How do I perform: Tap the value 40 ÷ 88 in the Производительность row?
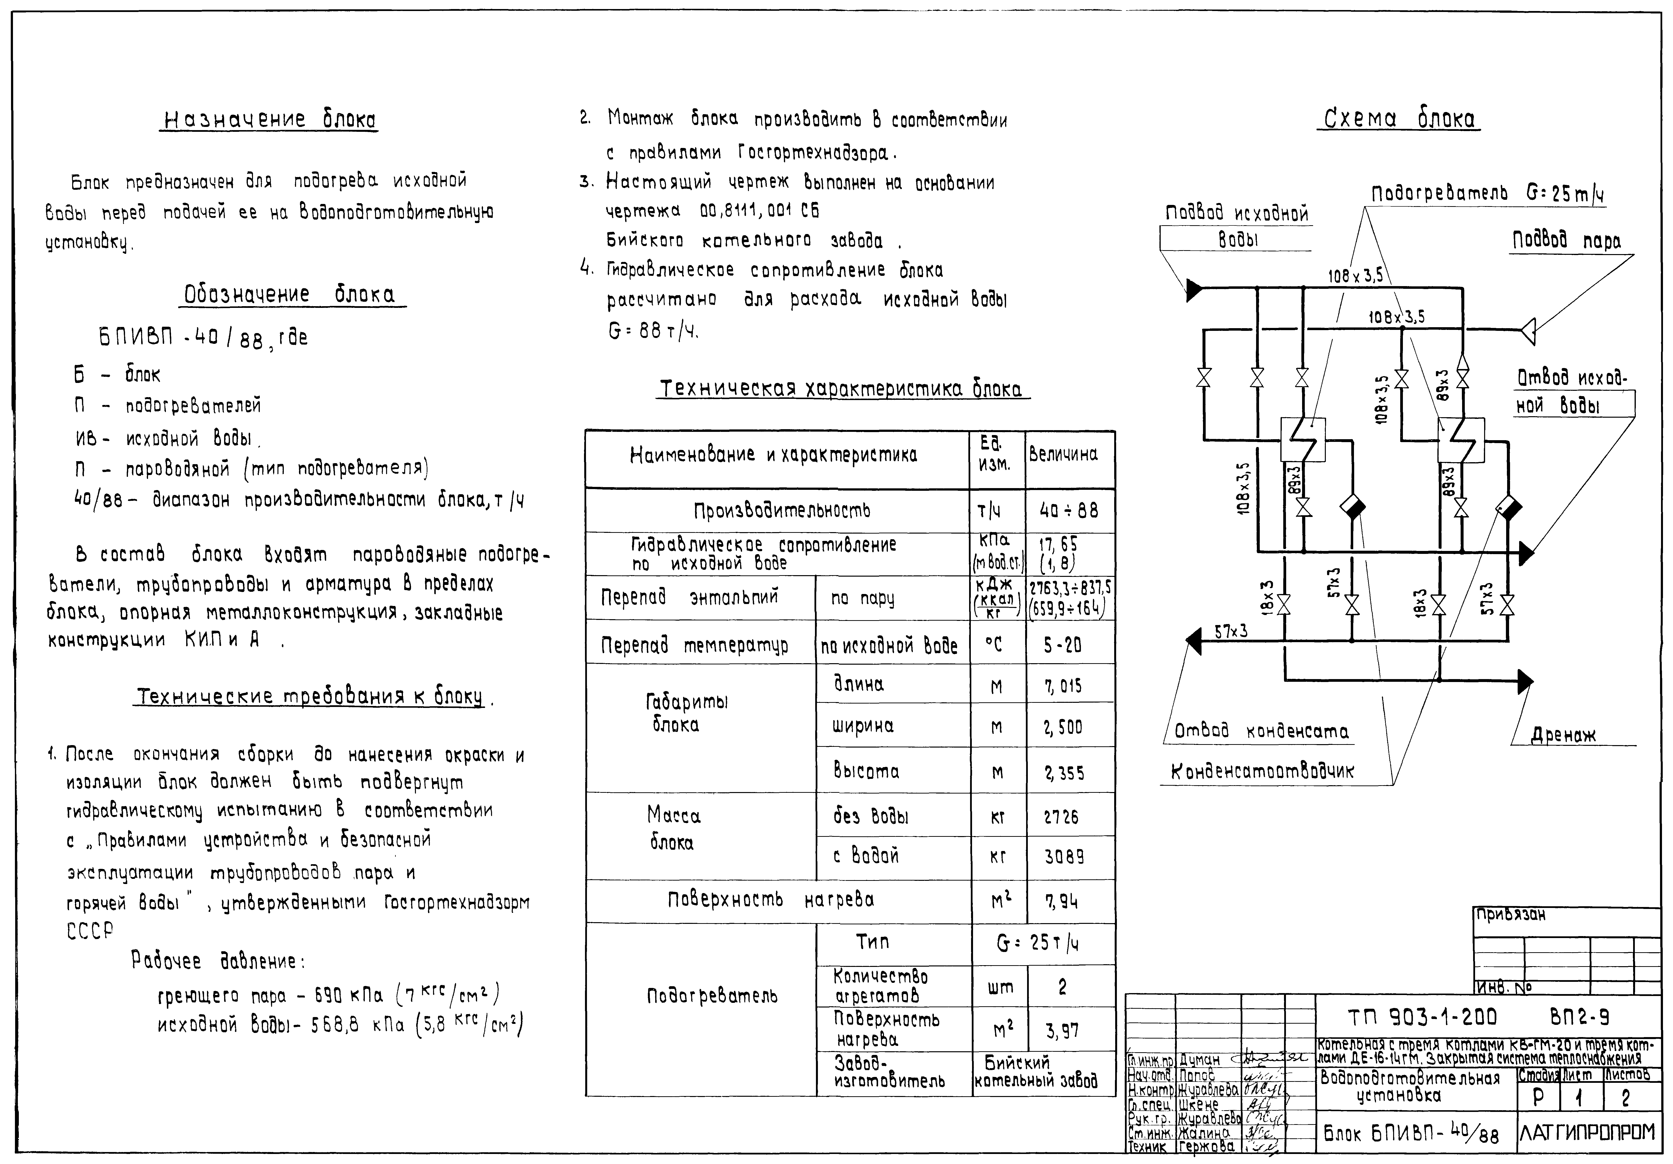point(1069,511)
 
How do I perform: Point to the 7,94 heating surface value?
point(1061,902)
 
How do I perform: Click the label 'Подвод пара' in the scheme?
point(1567,240)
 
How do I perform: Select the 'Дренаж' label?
point(1563,736)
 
